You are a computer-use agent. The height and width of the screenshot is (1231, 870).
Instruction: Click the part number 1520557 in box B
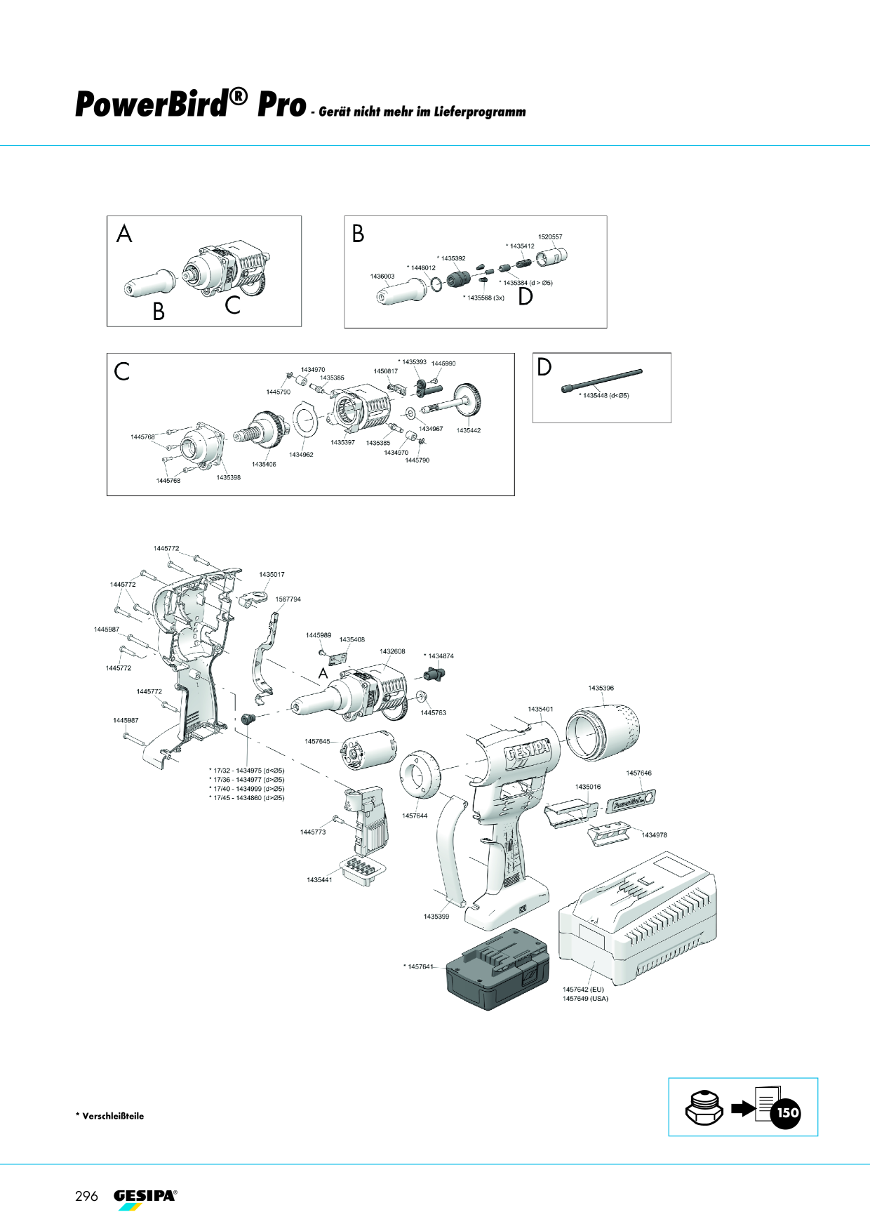point(550,237)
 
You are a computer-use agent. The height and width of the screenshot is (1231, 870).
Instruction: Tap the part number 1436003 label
point(382,277)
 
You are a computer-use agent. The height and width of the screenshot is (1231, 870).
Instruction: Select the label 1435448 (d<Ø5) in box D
point(604,396)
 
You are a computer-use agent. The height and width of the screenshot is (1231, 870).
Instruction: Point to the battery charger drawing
point(637,920)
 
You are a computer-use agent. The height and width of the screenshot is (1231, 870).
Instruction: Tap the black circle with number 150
point(787,1112)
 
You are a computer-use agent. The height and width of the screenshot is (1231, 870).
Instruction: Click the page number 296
point(86,1196)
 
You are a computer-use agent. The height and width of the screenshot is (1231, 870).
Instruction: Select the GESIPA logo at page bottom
point(145,1199)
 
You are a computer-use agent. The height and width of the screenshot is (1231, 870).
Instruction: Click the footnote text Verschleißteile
point(113,1116)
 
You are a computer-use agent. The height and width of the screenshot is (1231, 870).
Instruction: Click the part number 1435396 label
point(601,688)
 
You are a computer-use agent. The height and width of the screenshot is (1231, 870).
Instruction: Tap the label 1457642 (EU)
point(583,990)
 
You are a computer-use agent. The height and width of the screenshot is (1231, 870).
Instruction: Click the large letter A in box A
point(124,234)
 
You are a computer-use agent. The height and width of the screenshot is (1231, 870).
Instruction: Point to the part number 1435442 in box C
point(469,430)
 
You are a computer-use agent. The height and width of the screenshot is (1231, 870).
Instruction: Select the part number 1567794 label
point(288,599)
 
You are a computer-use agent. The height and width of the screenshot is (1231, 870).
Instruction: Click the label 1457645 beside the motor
point(317,742)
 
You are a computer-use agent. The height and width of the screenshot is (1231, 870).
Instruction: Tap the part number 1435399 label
point(436,917)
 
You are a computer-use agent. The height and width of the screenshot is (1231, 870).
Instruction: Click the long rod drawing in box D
point(601,381)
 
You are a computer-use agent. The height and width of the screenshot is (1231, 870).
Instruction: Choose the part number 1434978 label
point(654,835)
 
